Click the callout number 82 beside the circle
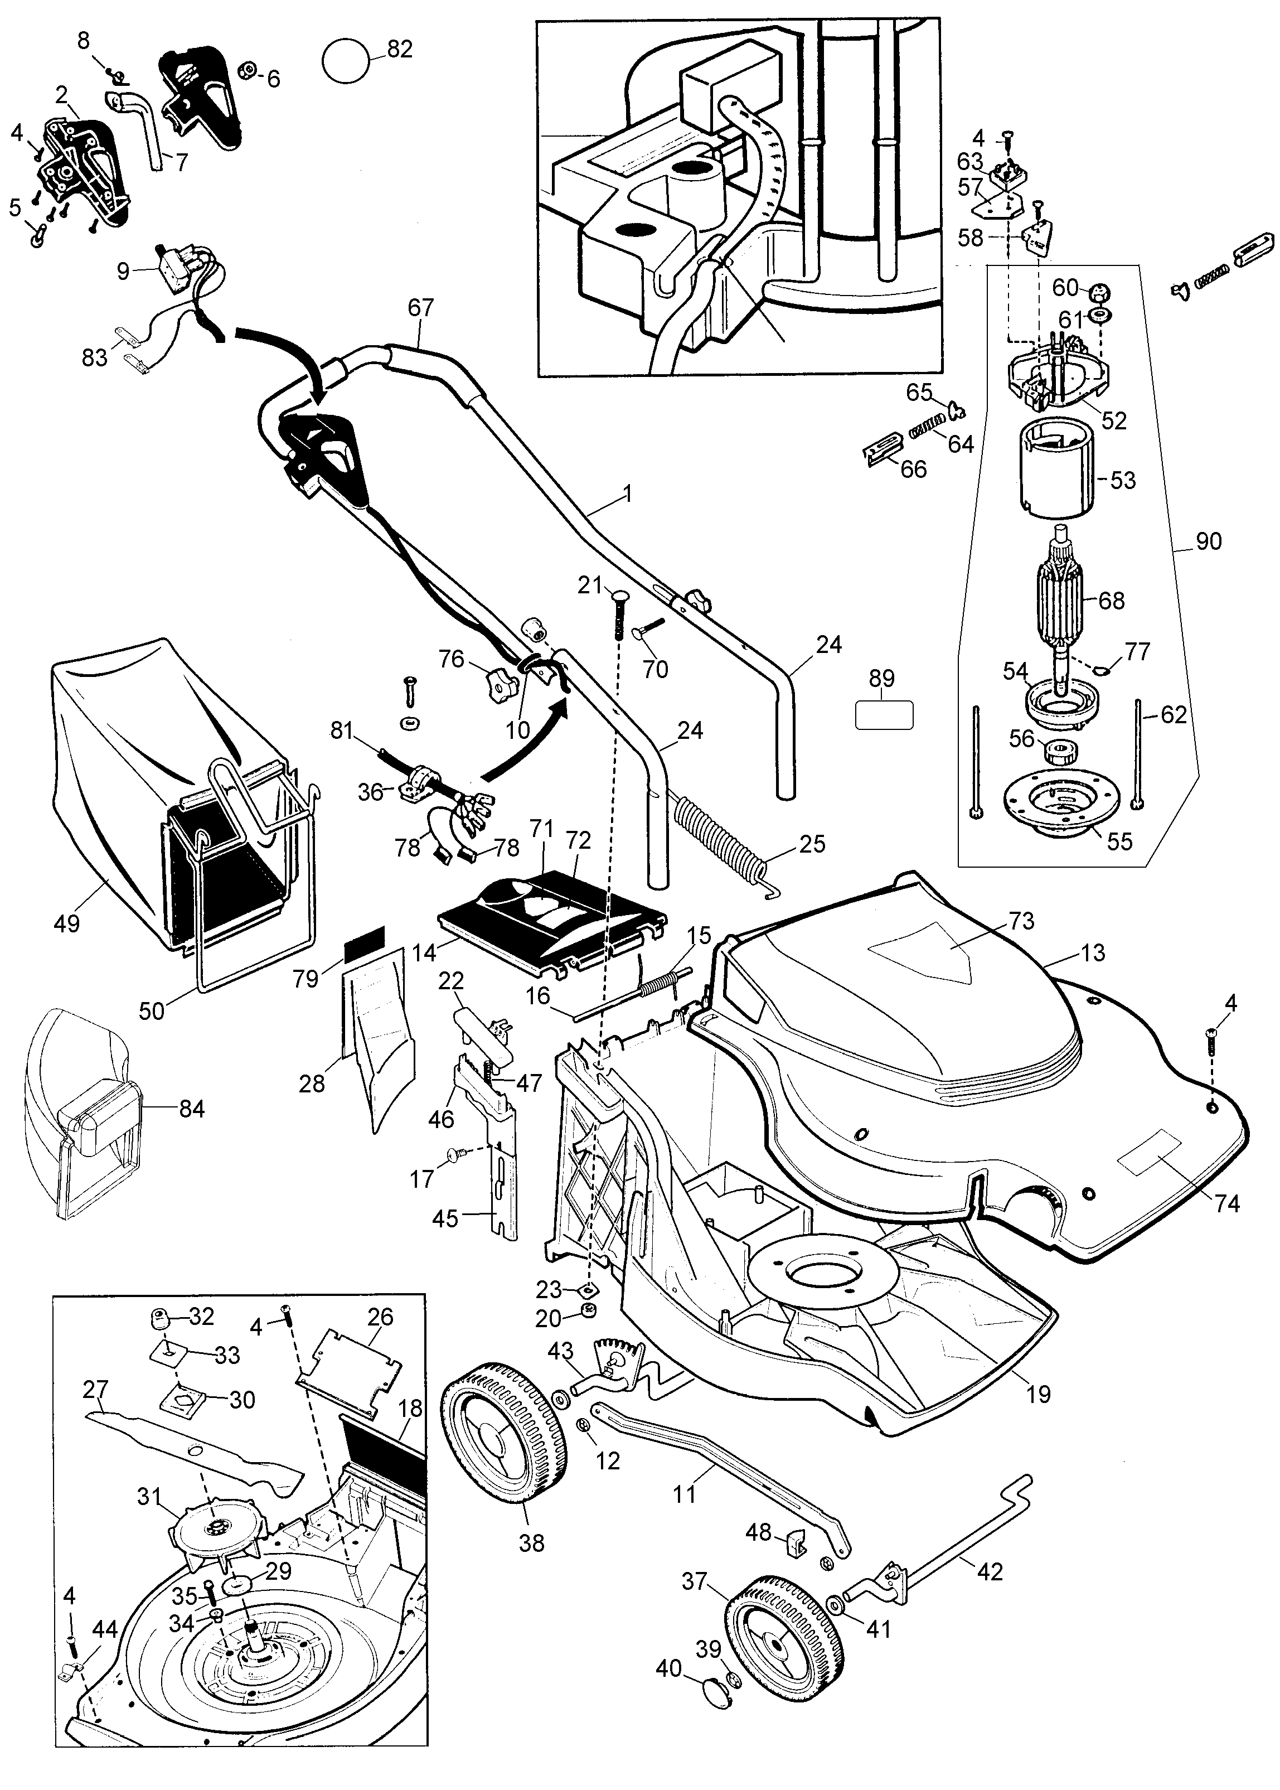tap(400, 49)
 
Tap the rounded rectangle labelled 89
tap(884, 715)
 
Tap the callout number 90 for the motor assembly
tap(1208, 541)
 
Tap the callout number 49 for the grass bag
tap(66, 922)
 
